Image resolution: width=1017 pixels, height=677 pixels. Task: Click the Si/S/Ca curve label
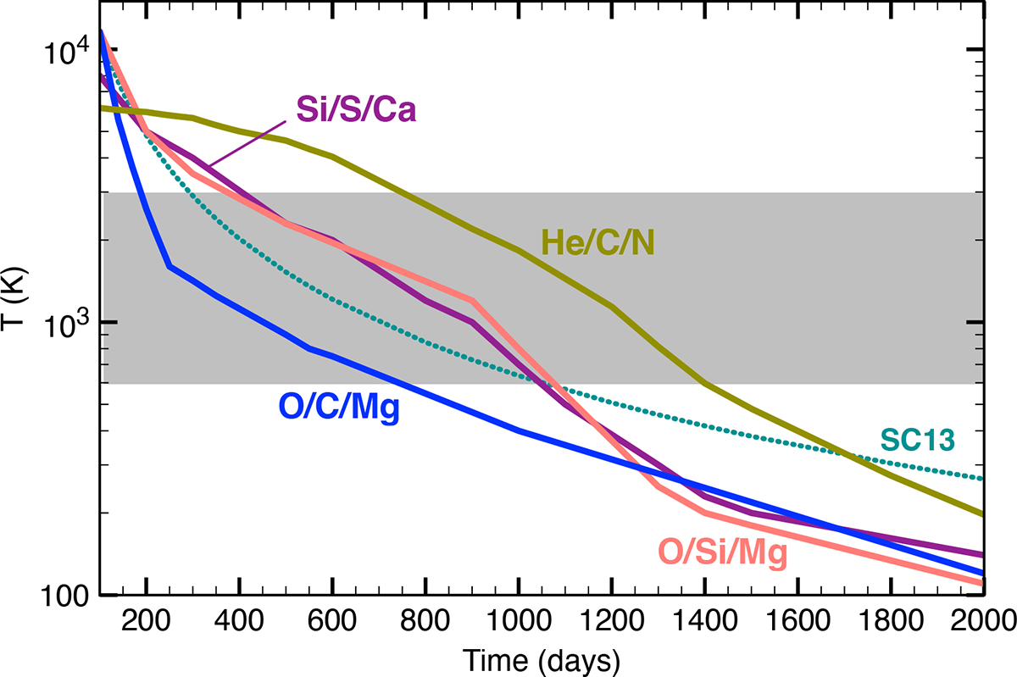(356, 109)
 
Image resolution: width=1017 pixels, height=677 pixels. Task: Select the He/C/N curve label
(602, 244)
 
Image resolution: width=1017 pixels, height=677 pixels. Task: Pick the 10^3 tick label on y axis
(64, 323)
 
